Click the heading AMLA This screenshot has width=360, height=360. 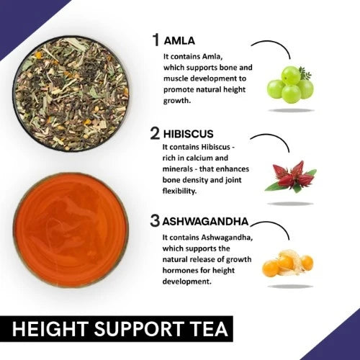tap(179, 41)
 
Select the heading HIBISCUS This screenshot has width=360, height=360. tap(188, 134)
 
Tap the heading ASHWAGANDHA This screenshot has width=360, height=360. tap(205, 222)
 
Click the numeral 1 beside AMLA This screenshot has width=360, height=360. tap(156, 40)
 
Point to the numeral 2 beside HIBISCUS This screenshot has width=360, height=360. tap(155, 133)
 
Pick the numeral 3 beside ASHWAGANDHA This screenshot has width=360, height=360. tap(155, 221)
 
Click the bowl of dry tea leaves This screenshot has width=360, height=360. tap(71, 94)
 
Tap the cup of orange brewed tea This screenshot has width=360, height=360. tap(71, 230)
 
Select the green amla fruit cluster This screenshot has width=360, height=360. tap(290, 85)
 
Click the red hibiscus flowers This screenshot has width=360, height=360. tap(290, 176)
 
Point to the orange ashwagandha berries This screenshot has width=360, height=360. tap(287, 263)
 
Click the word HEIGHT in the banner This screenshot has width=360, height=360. tap(50, 329)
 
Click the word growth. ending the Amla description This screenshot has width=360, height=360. tap(177, 101)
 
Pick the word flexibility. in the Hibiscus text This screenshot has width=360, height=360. tap(179, 191)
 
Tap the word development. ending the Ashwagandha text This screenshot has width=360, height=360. tap(187, 282)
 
